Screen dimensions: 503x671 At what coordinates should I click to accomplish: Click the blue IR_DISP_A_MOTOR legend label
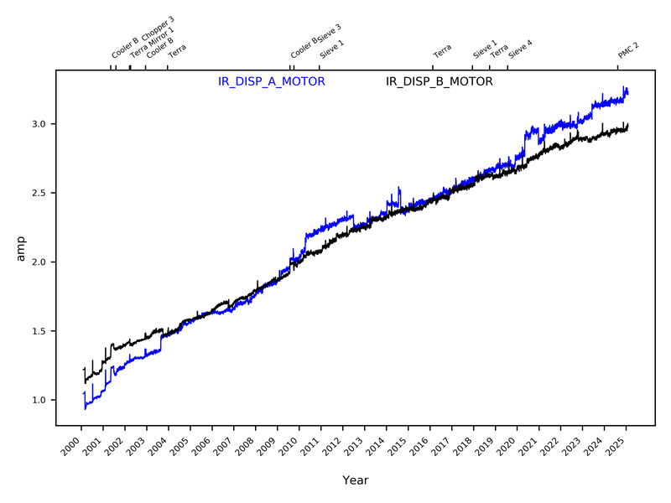271,81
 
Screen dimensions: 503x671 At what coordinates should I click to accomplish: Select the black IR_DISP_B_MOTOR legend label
439,81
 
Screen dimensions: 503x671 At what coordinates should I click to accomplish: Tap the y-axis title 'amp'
22,249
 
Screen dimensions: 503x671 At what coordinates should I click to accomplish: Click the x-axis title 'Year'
355,480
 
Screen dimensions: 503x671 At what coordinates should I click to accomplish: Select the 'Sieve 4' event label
520,48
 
